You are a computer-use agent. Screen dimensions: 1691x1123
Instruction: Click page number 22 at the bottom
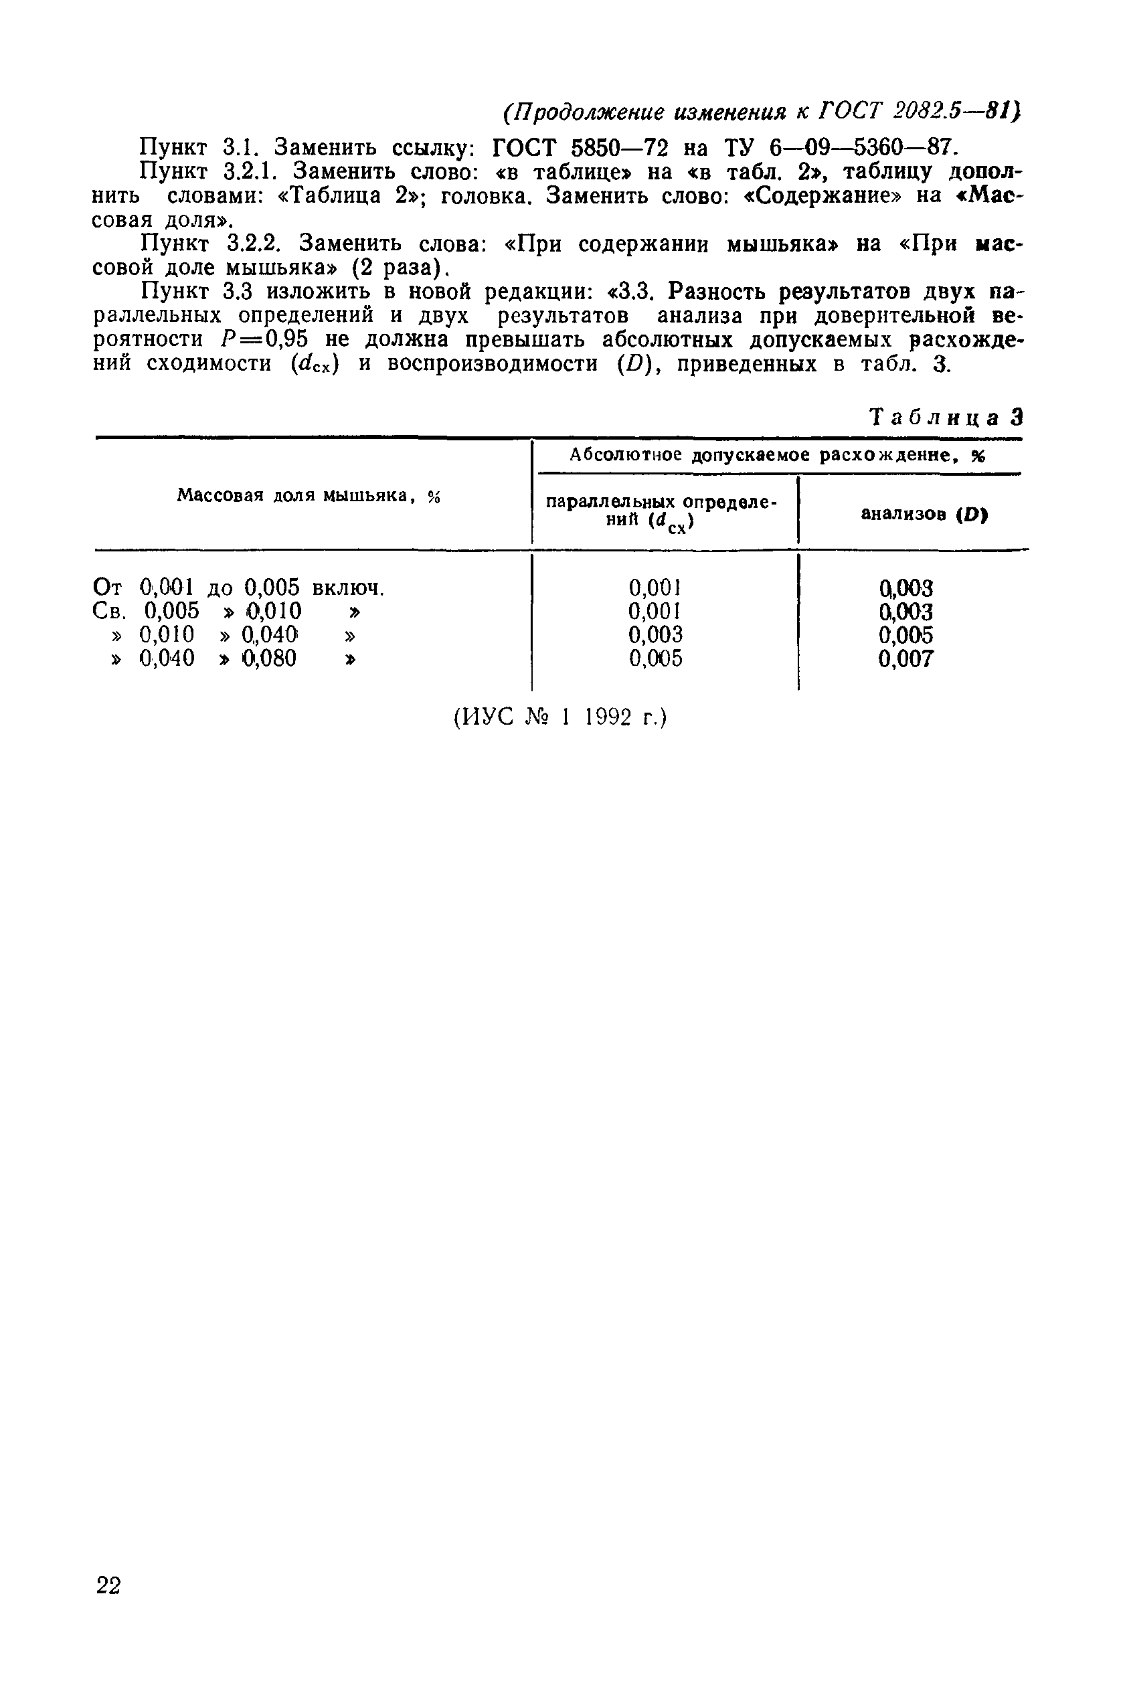click(109, 1586)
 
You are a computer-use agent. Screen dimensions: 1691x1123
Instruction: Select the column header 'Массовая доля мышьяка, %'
click(308, 495)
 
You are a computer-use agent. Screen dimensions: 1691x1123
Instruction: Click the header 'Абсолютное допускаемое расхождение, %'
click(777, 454)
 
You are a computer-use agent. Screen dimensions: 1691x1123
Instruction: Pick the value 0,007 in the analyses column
click(906, 658)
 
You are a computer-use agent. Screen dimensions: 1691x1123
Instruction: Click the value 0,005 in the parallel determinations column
click(655, 658)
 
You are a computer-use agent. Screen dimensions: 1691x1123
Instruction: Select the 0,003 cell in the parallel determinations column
click(655, 634)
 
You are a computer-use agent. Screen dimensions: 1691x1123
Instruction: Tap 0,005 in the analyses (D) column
click(906, 635)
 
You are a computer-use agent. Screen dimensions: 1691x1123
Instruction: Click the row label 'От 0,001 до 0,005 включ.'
click(239, 588)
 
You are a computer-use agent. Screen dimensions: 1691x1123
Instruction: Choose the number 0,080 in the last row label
click(269, 658)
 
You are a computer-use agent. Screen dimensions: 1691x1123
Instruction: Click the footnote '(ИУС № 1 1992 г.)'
click(560, 717)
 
